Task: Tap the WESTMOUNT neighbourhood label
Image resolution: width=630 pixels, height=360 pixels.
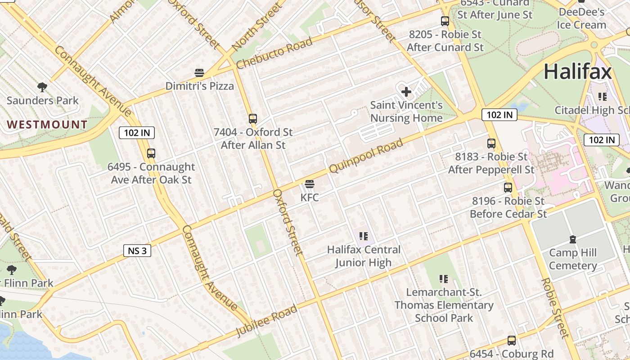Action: coord(47,125)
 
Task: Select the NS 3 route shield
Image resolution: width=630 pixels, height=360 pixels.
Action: coord(137,251)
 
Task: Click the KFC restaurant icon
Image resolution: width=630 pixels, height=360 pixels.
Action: coord(309,184)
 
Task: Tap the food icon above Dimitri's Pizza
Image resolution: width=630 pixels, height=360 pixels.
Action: coord(199,73)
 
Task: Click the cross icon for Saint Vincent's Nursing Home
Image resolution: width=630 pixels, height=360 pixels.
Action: coord(406,92)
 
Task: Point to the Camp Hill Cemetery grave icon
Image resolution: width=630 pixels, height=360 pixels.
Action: coord(572,239)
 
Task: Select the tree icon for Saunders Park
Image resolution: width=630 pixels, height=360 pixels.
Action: coord(42,87)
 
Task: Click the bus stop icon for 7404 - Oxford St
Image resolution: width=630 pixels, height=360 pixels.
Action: coord(253,119)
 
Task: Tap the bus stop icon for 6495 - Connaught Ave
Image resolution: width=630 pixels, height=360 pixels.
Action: coord(151,153)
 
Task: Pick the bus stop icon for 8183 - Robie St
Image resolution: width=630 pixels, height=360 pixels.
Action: coord(491,144)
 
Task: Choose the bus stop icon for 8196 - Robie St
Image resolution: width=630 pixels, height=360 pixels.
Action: coord(508,188)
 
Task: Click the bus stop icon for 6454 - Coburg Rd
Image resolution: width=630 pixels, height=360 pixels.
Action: coord(512,341)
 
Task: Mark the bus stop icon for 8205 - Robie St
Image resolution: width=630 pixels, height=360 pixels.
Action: coord(445,21)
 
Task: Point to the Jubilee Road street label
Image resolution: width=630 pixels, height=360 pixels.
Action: coord(267,320)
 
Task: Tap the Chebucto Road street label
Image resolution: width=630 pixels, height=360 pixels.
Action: coord(274,54)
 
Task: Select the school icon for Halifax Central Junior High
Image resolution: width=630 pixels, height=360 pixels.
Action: coord(364,236)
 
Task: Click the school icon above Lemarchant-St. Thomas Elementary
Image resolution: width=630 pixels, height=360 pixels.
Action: coord(444,279)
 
